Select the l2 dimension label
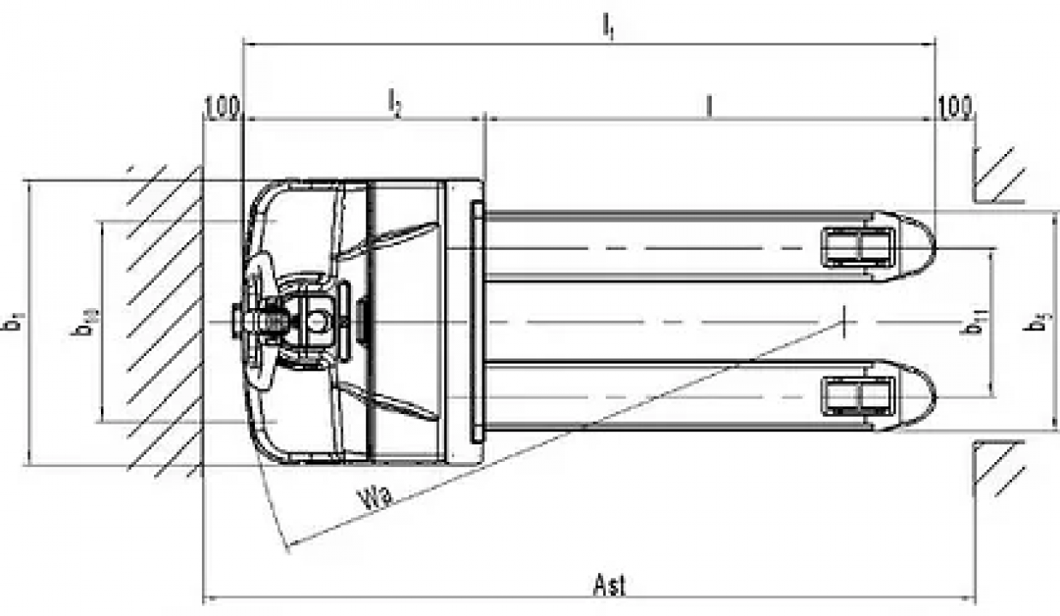(394, 104)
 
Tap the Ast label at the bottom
(610, 586)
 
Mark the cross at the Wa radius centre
(844, 322)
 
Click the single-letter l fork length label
(709, 104)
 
